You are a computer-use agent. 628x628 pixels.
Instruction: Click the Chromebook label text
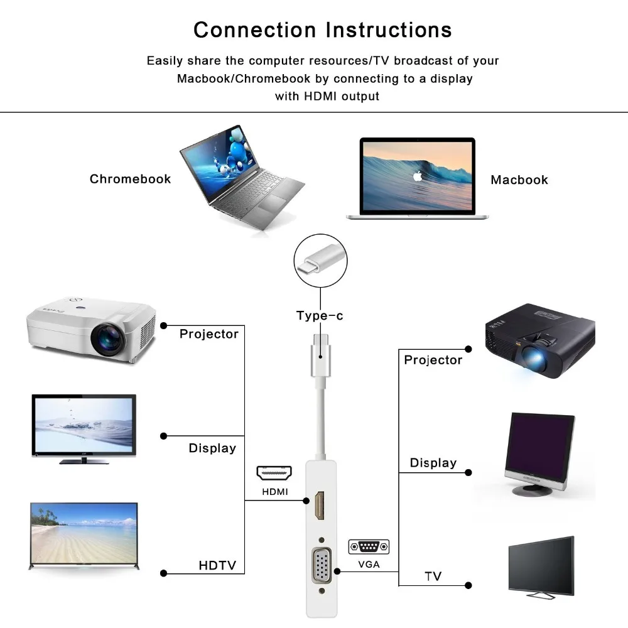[130, 179]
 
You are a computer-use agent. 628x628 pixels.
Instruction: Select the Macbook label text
[519, 180]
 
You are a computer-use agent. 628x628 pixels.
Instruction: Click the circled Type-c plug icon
[320, 261]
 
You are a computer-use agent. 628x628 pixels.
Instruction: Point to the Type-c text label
[320, 316]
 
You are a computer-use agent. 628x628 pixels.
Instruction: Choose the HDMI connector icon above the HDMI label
[274, 474]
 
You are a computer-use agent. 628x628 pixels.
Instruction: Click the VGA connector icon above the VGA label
[369, 546]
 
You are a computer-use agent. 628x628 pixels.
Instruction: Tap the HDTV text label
[217, 566]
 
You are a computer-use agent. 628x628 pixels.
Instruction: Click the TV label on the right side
[433, 577]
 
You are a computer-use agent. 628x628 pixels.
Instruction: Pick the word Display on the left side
[212, 448]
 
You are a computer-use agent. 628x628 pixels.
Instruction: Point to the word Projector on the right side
[433, 360]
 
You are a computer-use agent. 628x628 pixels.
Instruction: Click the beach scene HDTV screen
[84, 534]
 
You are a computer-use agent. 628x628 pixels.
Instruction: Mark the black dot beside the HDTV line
[164, 573]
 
